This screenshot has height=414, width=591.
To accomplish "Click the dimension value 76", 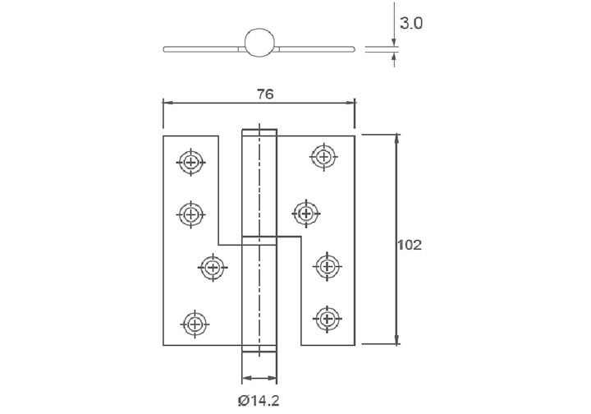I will [x=264, y=94].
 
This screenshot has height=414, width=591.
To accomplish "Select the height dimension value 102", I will [x=409, y=245].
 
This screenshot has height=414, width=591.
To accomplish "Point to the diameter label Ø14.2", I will [x=259, y=400].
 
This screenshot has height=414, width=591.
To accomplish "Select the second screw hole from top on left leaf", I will [x=190, y=214].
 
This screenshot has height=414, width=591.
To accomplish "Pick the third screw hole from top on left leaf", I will [x=213, y=267].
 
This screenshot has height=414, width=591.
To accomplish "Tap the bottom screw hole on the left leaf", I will [x=194, y=322].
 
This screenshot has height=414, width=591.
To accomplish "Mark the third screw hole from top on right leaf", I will [x=327, y=265].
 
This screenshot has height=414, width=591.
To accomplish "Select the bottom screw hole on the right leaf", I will [x=327, y=317].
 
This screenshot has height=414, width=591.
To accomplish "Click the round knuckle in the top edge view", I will [x=259, y=44].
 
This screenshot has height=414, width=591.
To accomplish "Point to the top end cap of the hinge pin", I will [x=259, y=132].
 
